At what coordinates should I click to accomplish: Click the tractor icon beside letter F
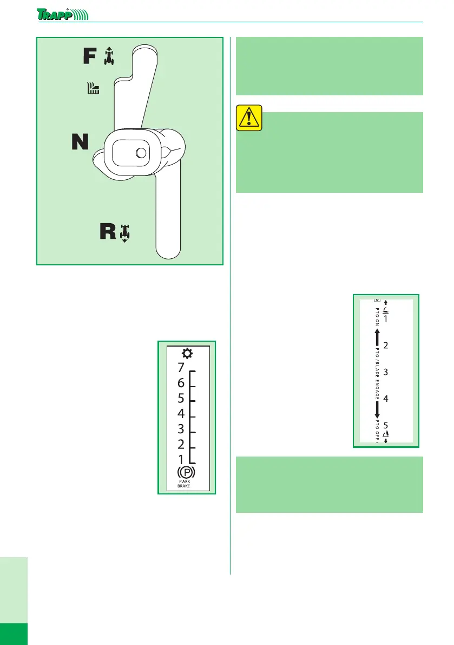tap(110, 56)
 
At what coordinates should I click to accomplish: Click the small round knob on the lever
tap(141, 153)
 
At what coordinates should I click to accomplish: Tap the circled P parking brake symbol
tap(186, 472)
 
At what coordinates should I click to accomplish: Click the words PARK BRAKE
tap(186, 484)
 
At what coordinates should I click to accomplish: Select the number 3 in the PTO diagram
tap(386, 372)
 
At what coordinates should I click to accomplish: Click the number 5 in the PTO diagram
tap(386, 426)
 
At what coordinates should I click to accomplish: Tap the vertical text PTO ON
tap(377, 317)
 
